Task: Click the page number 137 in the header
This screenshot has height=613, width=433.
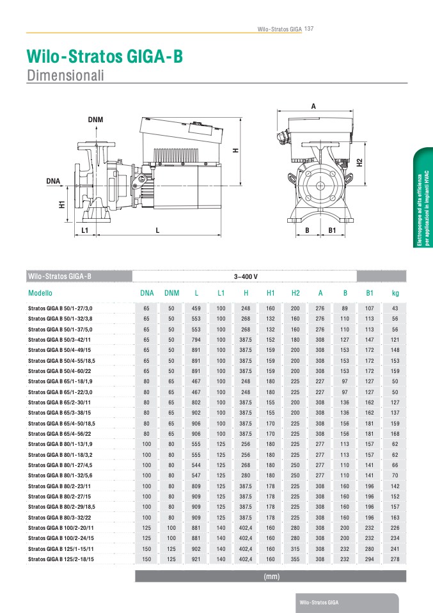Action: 309,29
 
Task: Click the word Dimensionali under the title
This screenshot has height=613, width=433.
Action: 65,75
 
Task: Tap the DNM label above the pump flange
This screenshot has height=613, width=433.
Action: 95,120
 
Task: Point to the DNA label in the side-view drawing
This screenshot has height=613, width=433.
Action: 53,181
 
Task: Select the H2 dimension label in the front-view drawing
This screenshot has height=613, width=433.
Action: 360,163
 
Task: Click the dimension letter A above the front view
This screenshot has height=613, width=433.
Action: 313,106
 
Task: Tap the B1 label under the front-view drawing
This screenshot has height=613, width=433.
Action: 332,230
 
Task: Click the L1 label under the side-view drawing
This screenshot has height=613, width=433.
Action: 85,230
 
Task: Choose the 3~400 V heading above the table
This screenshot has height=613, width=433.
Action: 246,276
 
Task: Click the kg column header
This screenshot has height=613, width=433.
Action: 395,293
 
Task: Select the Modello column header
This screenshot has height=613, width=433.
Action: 40,293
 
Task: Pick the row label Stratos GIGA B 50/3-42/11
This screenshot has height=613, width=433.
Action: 59,340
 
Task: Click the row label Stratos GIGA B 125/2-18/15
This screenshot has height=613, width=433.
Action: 61,559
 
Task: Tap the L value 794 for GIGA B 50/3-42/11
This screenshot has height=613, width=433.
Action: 196,340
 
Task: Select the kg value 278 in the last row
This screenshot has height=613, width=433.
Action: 395,559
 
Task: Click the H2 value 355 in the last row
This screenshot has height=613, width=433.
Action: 295,559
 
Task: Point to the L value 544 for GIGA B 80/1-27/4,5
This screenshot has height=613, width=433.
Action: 196,465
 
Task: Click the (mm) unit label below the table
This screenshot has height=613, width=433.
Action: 271,577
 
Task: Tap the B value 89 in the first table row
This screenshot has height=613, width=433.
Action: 345,308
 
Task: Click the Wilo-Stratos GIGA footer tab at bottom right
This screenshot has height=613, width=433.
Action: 319,603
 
